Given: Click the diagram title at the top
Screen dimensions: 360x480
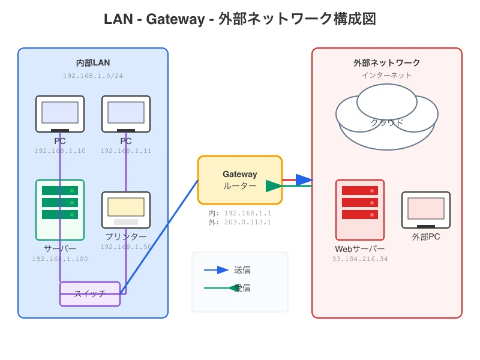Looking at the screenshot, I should (x=240, y=19).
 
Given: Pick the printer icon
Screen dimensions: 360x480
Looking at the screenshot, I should (x=126, y=209).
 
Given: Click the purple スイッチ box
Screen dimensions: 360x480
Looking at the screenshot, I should (x=90, y=294).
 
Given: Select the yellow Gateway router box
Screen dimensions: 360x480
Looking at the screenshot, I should (x=239, y=180).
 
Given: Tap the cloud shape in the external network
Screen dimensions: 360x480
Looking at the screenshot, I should (x=387, y=117).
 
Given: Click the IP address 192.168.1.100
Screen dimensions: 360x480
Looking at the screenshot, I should (x=60, y=259).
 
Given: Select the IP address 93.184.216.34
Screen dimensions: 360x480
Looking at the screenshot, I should (x=360, y=259).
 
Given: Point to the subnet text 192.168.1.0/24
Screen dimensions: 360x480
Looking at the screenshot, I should (x=93, y=76).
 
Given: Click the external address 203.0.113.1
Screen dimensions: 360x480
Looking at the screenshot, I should (x=248, y=222).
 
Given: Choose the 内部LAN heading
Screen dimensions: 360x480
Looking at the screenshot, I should (x=93, y=63).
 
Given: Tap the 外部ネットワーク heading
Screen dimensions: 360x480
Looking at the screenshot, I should (x=387, y=63).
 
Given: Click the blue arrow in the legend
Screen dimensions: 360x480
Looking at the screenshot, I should (x=217, y=270).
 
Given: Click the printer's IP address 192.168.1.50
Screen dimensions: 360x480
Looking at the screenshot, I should (x=126, y=247).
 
